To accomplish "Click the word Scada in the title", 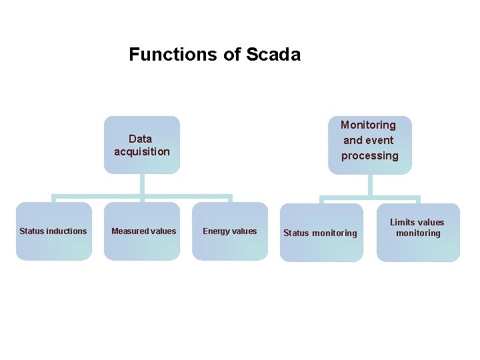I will [273, 55].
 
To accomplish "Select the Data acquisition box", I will [142, 145].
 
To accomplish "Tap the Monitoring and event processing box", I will [369, 145].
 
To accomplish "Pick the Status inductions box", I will [53, 231].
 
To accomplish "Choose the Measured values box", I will [143, 231].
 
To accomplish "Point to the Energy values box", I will [229, 231].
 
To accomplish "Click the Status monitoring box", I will [321, 233].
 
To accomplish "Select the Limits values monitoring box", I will [418, 232].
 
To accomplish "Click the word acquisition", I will [142, 152].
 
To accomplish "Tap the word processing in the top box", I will [370, 156].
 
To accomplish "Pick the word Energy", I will [216, 231].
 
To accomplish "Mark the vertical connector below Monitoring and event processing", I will [369, 185].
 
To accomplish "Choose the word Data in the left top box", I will [140, 139].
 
